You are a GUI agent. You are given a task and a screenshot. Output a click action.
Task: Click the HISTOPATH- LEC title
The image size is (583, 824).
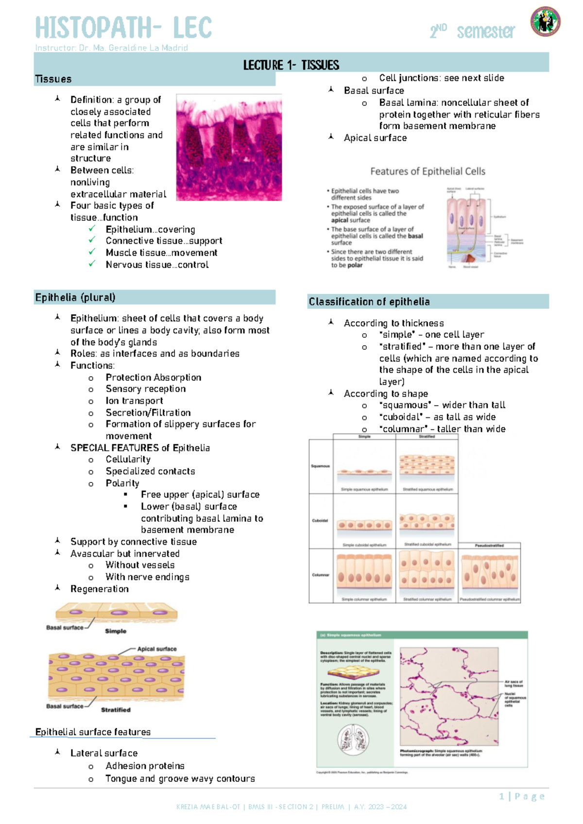click(x=123, y=28)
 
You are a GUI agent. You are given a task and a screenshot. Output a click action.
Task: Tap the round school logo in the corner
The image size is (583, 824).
click(x=545, y=22)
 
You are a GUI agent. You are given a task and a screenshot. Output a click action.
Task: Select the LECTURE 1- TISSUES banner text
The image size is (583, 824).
click(x=291, y=65)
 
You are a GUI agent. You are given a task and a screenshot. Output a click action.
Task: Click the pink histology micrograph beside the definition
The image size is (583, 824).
click(x=229, y=148)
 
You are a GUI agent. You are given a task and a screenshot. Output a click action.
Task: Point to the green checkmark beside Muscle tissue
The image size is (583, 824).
click(x=92, y=252)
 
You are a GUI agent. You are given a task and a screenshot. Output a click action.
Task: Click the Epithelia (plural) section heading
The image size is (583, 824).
click(x=75, y=297)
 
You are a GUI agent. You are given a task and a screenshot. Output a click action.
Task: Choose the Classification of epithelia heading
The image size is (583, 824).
click(x=369, y=302)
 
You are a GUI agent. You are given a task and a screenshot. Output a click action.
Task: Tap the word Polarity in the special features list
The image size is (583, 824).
click(x=122, y=483)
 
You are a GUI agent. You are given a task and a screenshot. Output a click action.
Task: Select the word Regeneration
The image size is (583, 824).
click(x=100, y=589)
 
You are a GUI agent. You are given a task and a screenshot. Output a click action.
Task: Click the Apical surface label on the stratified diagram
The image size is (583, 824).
click(x=156, y=649)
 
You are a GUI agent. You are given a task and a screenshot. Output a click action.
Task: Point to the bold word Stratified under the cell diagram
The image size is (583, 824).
click(x=116, y=710)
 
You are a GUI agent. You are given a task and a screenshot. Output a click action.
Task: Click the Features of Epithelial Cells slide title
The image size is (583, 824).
click(x=428, y=171)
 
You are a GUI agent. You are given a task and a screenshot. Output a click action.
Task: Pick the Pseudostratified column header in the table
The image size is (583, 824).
click(x=489, y=546)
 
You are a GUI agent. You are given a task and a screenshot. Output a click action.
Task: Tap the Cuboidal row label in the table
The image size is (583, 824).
click(x=320, y=520)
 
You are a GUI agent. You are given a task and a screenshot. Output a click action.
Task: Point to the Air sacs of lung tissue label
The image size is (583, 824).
click(x=514, y=684)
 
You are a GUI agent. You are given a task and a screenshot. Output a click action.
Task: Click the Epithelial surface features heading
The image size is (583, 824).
click(x=93, y=732)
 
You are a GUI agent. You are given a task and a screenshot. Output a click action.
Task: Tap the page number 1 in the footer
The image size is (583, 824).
click(x=501, y=796)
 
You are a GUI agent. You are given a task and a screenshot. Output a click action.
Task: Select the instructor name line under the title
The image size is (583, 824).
click(x=111, y=48)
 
